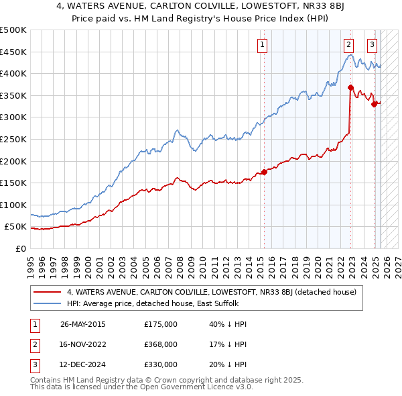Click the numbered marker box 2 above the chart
coord(349,46)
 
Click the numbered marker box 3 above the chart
coord(372,46)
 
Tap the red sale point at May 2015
coord(264,172)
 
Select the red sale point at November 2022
coord(350,87)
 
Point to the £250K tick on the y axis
coord(15,139)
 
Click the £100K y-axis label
coord(15,205)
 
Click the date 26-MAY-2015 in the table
coord(83,324)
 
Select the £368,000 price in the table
coord(161,344)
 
